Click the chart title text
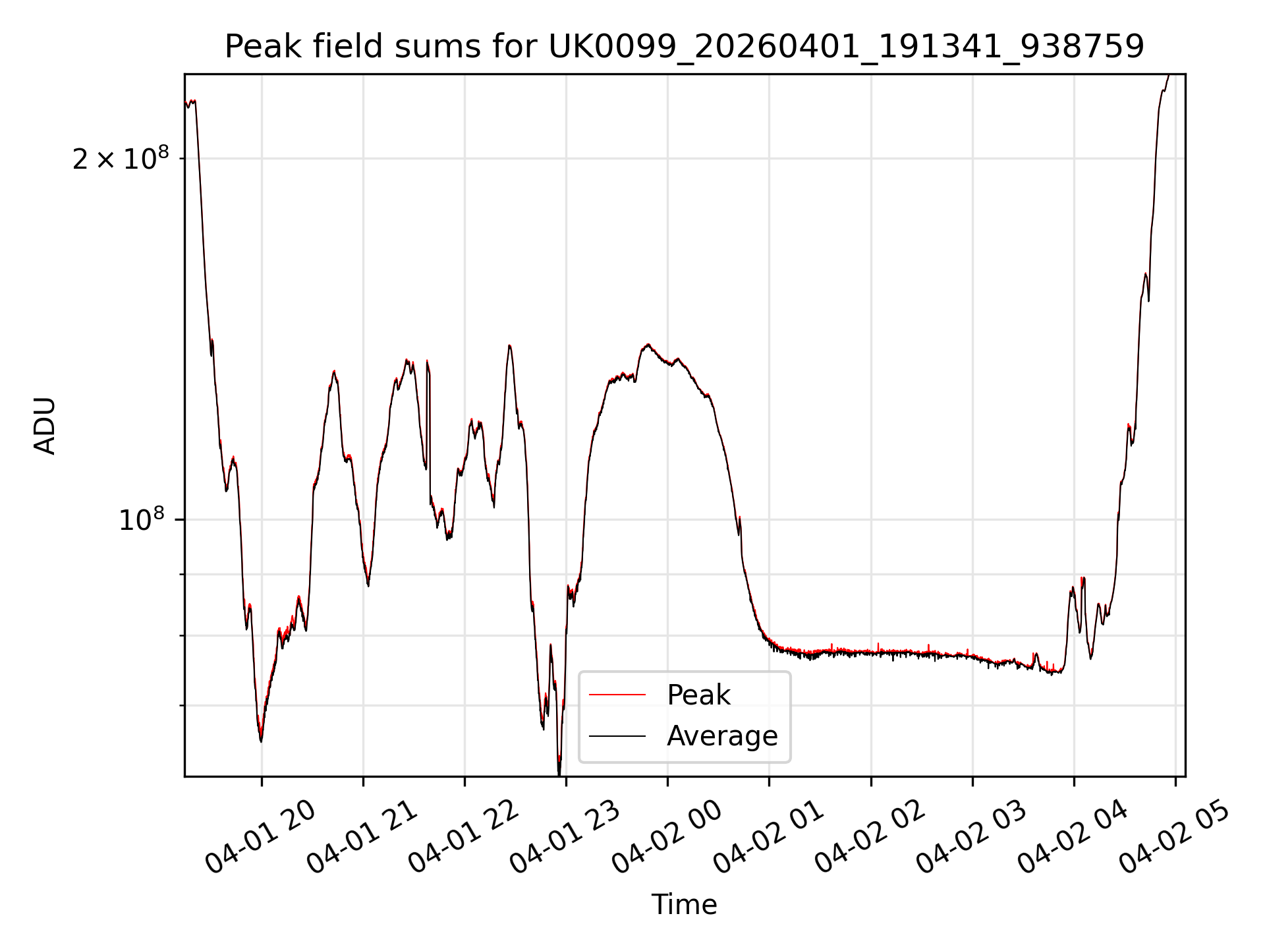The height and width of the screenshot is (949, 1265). [684, 47]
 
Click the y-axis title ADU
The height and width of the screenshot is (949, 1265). [45, 426]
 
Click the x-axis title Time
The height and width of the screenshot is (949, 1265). [684, 905]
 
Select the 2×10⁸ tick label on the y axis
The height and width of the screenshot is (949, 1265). [121, 159]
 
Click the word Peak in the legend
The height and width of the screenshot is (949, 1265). [698, 695]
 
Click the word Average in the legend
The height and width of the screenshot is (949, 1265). [722, 735]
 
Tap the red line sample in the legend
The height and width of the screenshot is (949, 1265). [617, 695]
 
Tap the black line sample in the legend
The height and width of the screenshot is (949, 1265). [617, 735]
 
